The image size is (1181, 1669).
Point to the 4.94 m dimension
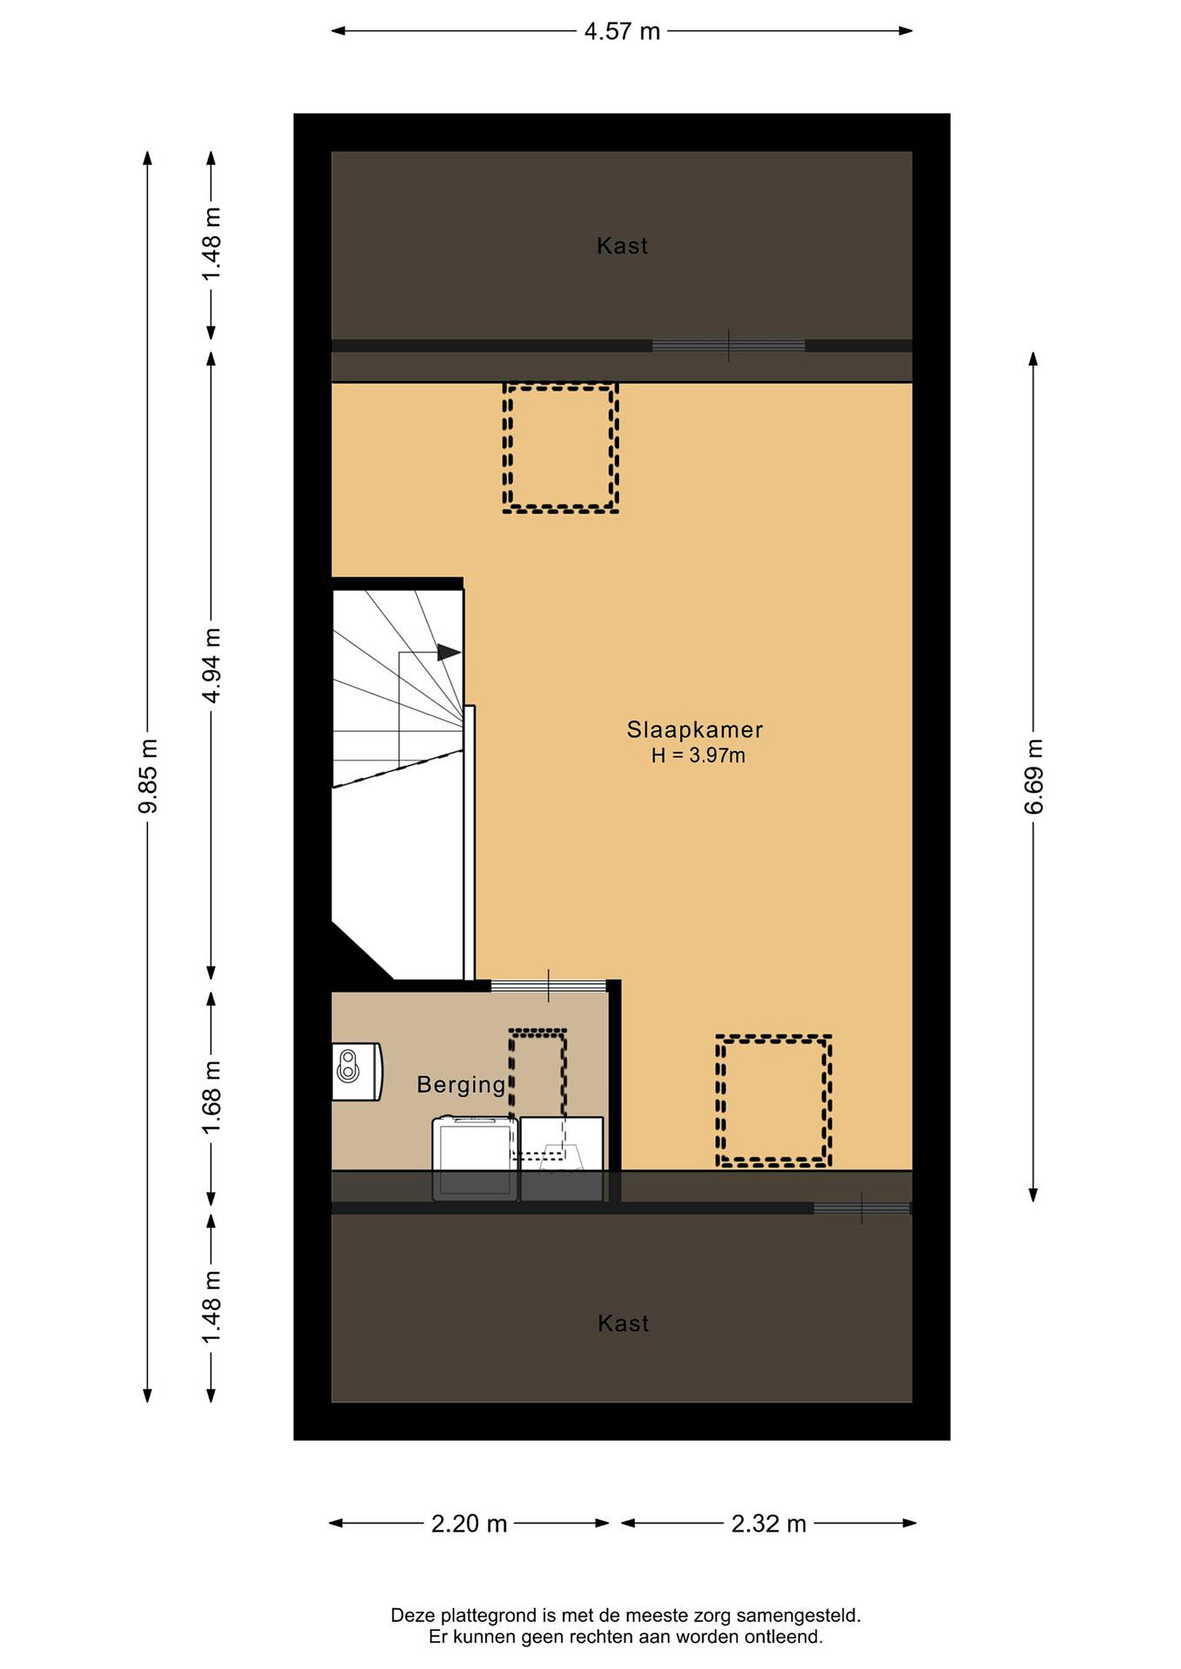click(x=211, y=665)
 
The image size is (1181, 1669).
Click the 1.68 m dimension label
click(x=211, y=1097)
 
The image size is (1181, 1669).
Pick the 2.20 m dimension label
click(x=469, y=1523)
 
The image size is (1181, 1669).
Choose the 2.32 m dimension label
click(x=769, y=1523)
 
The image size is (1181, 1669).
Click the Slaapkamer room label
click(x=695, y=729)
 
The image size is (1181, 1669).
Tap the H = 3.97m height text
click(x=698, y=755)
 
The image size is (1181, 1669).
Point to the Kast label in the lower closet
click(x=623, y=1323)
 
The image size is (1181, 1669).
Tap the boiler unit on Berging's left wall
click(x=357, y=1072)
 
